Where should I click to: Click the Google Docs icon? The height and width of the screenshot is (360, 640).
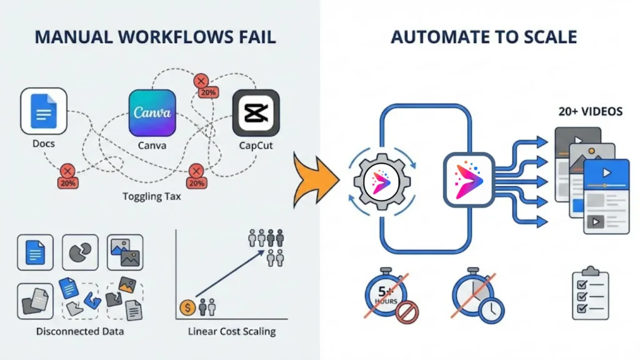pyautogui.click(x=43, y=111)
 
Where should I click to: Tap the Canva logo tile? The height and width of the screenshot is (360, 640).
pyautogui.click(x=152, y=112)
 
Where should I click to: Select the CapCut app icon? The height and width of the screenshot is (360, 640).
pyautogui.click(x=256, y=112)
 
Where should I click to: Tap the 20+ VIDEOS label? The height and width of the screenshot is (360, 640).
pyautogui.click(x=590, y=112)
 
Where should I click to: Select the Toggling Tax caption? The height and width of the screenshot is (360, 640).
pyautogui.click(x=152, y=197)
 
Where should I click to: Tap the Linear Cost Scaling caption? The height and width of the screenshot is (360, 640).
pyautogui.click(x=232, y=331)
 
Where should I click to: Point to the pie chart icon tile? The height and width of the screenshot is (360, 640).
pyautogui.click(x=79, y=252)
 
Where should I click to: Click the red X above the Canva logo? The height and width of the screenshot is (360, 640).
pyautogui.click(x=201, y=81)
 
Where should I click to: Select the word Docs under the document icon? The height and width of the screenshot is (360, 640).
pyautogui.click(x=43, y=144)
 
